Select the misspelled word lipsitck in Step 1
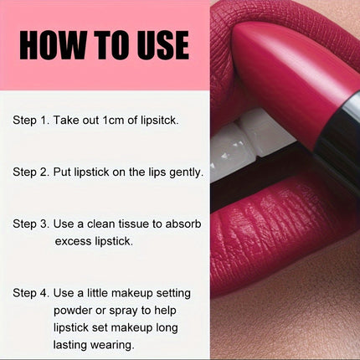(x=159, y=121)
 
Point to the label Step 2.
(x=31, y=172)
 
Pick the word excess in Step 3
(x=73, y=241)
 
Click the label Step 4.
(x=31, y=293)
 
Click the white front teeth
(x=249, y=142)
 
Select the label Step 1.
(x=31, y=121)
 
